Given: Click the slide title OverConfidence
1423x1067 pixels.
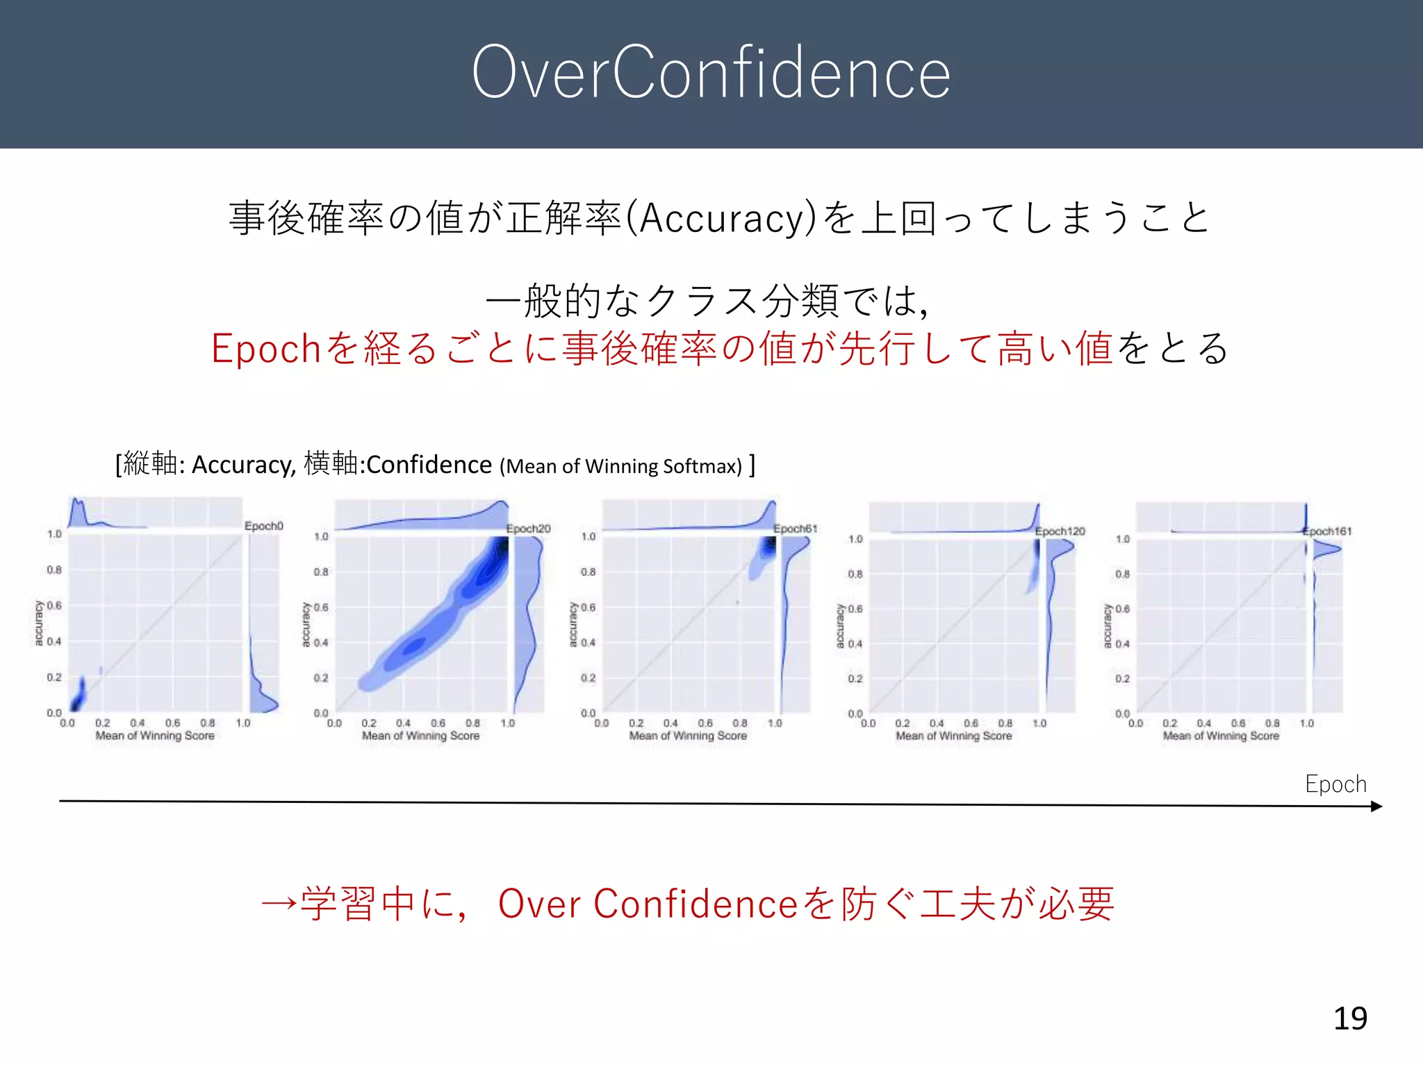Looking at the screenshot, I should coord(711,72).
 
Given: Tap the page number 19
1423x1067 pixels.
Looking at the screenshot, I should coord(1350,1018).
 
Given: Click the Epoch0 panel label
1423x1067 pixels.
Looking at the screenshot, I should coord(264,526).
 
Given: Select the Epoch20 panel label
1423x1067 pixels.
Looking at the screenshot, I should coord(528,529).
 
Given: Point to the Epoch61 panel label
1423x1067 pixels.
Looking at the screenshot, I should coord(795,529).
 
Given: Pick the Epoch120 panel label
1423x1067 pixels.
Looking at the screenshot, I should coord(1060,531).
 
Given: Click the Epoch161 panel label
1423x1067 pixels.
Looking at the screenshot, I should coord(1328,531).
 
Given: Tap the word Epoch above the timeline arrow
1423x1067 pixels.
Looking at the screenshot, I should coord(1335,784).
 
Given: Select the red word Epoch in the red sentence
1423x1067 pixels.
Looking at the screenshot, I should coord(265,349).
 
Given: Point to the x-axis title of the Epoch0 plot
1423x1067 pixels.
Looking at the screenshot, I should coord(155,736).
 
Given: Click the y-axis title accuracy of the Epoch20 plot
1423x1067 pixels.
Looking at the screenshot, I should coord(305,625).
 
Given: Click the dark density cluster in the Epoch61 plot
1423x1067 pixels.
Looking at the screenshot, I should coord(766,548).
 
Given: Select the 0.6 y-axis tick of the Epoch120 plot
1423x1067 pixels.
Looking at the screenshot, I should coord(855,609).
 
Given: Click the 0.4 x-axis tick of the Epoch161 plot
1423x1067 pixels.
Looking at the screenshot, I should coord(1204,724).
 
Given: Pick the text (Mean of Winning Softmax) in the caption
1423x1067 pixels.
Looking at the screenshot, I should coord(620,466).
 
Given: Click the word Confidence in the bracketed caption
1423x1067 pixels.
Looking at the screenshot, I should coord(429,464).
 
